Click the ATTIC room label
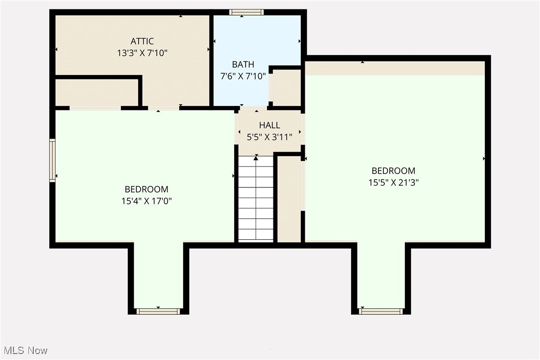pyautogui.click(x=142, y=41)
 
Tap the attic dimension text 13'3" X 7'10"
pyautogui.click(x=142, y=53)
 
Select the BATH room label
pyautogui.click(x=243, y=64)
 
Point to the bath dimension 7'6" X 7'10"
pyautogui.click(x=243, y=76)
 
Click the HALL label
pyautogui.click(x=270, y=125)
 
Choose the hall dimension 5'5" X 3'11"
pyautogui.click(x=270, y=137)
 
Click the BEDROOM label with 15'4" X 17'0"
pyautogui.click(x=146, y=189)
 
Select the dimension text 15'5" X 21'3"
pyautogui.click(x=393, y=182)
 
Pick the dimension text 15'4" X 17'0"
pyautogui.click(x=146, y=201)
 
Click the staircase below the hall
pyautogui.click(x=256, y=199)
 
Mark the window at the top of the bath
pyautogui.click(x=246, y=12)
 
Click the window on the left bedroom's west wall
pyautogui.click(x=52, y=160)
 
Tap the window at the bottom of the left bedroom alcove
pyautogui.click(x=158, y=311)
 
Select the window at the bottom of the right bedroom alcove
pyautogui.click(x=381, y=311)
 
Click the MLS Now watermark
pyautogui.click(x=24, y=351)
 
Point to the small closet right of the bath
pyautogui.click(x=287, y=88)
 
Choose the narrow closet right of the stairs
pyautogui.click(x=289, y=199)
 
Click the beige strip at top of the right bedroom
pyautogui.click(x=395, y=68)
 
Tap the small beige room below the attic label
pyautogui.click(x=96, y=92)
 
